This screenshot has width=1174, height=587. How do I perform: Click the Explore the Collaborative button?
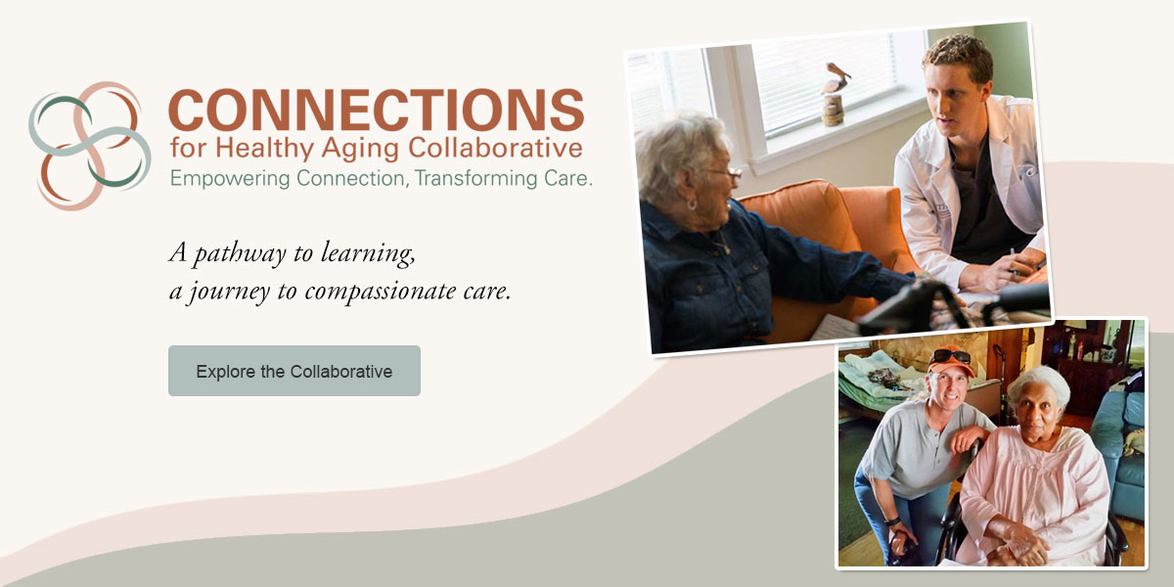pos(294,371)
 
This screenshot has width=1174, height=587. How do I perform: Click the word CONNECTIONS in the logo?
pos(377,110)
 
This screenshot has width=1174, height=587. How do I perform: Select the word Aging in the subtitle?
pos(361,149)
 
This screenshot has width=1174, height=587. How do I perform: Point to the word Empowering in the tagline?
pos(230,179)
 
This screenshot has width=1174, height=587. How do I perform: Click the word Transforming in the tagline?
pos(475,179)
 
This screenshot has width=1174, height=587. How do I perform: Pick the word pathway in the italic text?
pos(240,254)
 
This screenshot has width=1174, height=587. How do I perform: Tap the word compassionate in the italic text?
pos(381,292)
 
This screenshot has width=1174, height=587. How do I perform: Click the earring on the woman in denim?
pos(692,204)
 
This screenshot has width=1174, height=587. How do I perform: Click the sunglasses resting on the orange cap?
pos(950,356)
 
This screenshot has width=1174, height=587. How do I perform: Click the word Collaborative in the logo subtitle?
pos(495,148)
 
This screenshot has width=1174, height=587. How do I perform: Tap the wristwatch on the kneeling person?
pos(892,520)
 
